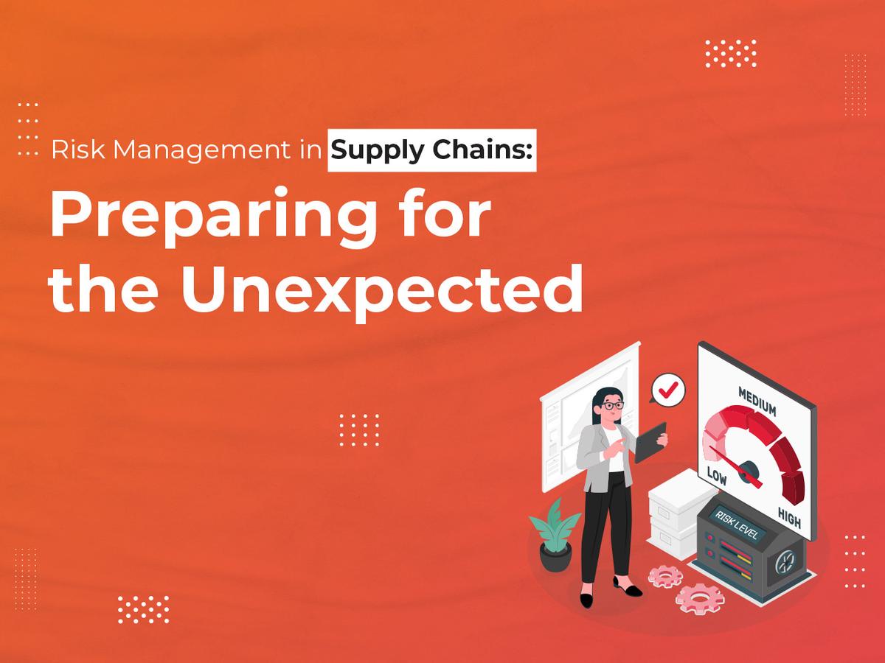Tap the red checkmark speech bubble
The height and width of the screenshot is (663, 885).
[x=668, y=388]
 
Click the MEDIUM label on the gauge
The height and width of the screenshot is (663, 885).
[x=758, y=402]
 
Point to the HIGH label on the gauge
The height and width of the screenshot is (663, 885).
[x=789, y=519]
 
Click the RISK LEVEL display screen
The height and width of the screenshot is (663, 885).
[x=737, y=522]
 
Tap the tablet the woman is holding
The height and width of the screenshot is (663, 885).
[x=650, y=441]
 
